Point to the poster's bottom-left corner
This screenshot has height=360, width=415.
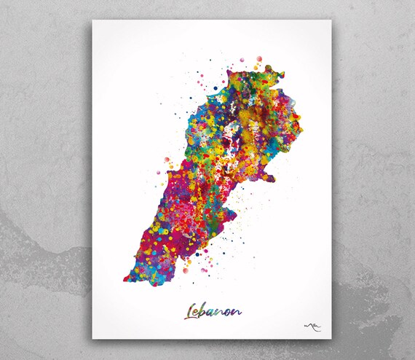(x=92, y=339)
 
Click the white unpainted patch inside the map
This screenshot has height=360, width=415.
(x=231, y=136)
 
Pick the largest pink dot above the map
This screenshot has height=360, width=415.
(x=257, y=56)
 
